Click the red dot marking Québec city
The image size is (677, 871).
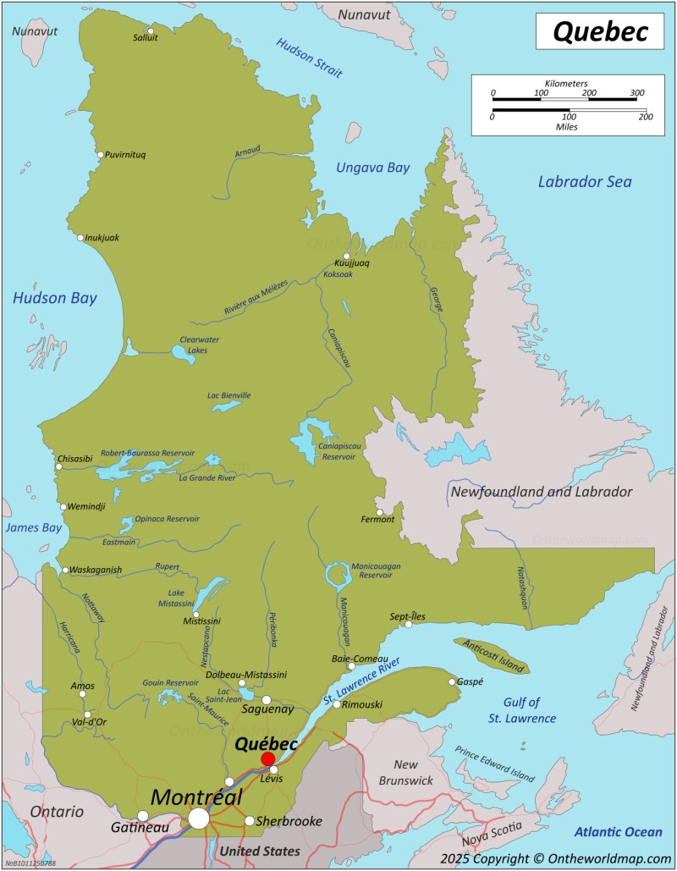pos(267,758)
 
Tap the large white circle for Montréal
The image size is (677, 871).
pos(199,818)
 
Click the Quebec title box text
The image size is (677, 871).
pos(600,31)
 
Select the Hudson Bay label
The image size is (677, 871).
pos(54,298)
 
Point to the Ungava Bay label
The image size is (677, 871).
pos(372,168)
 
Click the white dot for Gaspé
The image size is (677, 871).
pos(452,681)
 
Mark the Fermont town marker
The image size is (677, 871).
pos(380,512)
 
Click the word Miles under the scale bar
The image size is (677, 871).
pos(568,126)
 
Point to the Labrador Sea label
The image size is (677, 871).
pos(585,182)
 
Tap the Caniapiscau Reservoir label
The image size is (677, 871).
pos(338,450)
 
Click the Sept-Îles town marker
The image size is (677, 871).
pos(409,625)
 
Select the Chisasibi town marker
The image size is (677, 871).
pos(59,466)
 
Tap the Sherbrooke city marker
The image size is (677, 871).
pos(249,820)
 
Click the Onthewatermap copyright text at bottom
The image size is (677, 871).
pos(555,858)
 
